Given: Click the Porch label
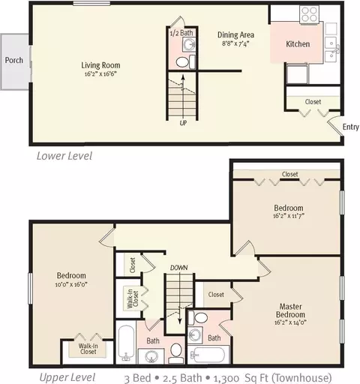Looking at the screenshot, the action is (x=14, y=60).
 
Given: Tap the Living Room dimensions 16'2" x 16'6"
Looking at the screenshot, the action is (x=100, y=74).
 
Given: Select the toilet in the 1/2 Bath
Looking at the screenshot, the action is (x=185, y=62).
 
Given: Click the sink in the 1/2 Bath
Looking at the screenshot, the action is (x=189, y=45).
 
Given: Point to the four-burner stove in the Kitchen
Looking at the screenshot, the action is (x=310, y=14).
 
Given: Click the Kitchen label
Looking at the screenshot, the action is (x=298, y=44).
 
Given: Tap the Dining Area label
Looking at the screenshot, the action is (x=235, y=35).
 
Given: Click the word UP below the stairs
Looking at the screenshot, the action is (x=183, y=123).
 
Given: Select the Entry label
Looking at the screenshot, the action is (x=350, y=127).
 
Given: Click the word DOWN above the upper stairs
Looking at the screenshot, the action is (x=178, y=268).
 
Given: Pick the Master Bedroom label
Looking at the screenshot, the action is (x=290, y=310).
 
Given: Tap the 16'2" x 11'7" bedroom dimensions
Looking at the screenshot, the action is (x=289, y=216).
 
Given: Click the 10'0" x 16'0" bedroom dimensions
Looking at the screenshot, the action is (x=71, y=284).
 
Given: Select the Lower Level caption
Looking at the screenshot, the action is (x=64, y=156).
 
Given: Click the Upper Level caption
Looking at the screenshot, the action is (x=67, y=377).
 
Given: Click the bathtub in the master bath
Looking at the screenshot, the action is (x=208, y=355).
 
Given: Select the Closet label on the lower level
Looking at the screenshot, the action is (x=313, y=102).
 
